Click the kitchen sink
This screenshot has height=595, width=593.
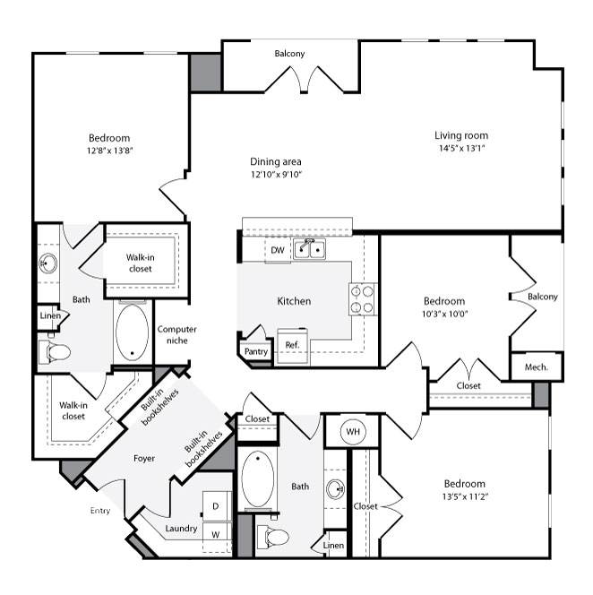pyautogui.click(x=309, y=249)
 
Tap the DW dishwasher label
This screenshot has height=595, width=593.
pyautogui.click(x=278, y=250)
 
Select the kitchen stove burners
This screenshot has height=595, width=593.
pyautogui.click(x=362, y=299)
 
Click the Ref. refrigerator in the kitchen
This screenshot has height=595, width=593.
pyautogui.click(x=292, y=345)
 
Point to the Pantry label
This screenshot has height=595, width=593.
pyautogui.click(x=256, y=351)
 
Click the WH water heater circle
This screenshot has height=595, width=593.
pyautogui.click(x=353, y=431)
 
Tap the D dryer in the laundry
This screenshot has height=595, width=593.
pyautogui.click(x=216, y=506)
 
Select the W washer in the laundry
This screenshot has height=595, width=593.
pyautogui.click(x=216, y=535)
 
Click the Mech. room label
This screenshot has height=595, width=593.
pyautogui.click(x=536, y=366)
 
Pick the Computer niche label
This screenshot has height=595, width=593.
pyautogui.click(x=176, y=335)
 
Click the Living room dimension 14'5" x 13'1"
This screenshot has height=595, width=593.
pyautogui.click(x=461, y=148)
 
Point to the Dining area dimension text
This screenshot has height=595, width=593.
pyautogui.click(x=276, y=174)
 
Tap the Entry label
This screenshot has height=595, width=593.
pyautogui.click(x=100, y=511)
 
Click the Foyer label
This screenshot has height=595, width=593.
pyautogui.click(x=144, y=459)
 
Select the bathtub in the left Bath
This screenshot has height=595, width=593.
pyautogui.click(x=132, y=332)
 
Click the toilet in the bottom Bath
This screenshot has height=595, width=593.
pyautogui.click(x=273, y=537)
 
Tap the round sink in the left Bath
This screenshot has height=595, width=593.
pyautogui.click(x=48, y=263)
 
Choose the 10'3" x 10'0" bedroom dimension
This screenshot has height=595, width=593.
pyautogui.click(x=444, y=314)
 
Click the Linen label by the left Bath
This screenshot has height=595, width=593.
pyautogui.click(x=50, y=315)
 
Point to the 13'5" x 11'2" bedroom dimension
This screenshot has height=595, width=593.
pyautogui.click(x=465, y=496)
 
